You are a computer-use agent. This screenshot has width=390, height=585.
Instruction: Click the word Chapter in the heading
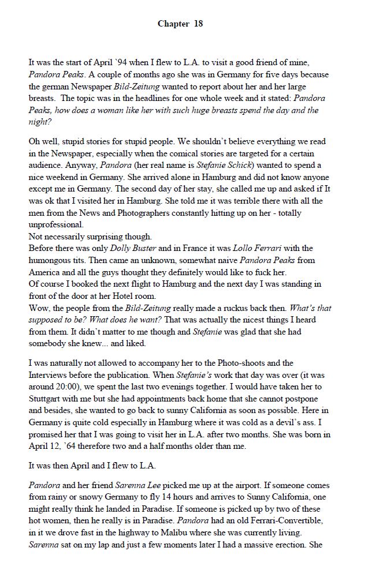pos(173,24)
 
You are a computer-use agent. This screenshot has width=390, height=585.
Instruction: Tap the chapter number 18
pos(198,24)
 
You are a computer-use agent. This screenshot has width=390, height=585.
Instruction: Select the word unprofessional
pos(56,225)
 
